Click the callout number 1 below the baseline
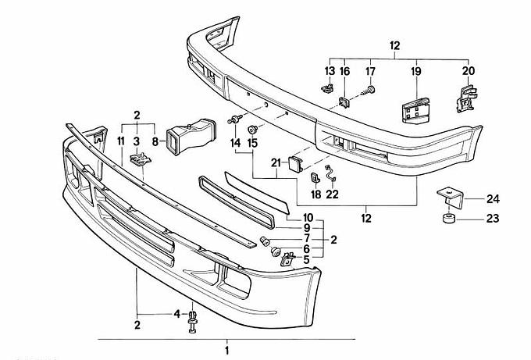[x=227, y=351]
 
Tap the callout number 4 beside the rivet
[x=177, y=314]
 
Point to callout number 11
[x=121, y=141]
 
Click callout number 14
[x=235, y=144]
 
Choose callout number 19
[x=415, y=71]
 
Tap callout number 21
[x=275, y=162]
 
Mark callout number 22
[x=332, y=194]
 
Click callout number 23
[x=493, y=219]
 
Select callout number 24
[x=493, y=198]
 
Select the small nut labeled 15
[x=252, y=129]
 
